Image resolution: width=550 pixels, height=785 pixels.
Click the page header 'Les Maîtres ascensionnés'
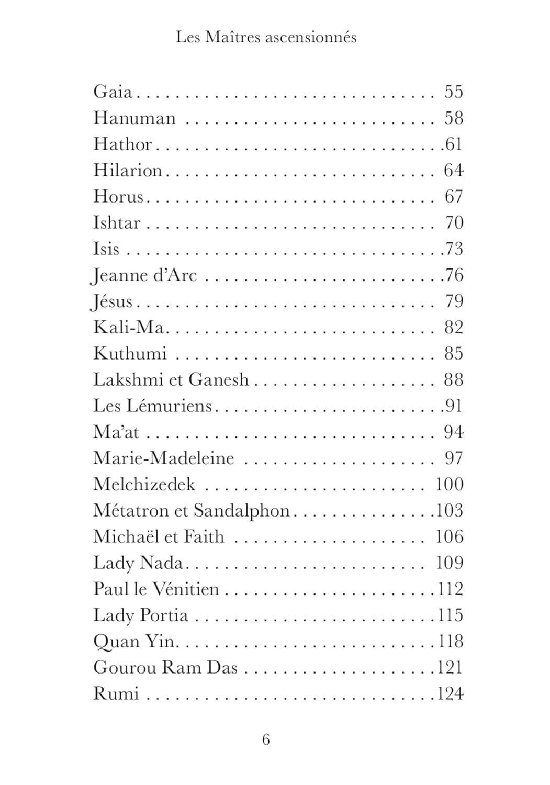(266, 38)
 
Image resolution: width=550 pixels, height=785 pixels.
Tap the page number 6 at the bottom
(266, 739)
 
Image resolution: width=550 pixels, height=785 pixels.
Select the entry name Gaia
(113, 92)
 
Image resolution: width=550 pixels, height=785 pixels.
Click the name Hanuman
(134, 118)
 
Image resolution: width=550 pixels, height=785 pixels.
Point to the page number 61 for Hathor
(454, 144)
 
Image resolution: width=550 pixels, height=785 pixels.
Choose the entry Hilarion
(128, 170)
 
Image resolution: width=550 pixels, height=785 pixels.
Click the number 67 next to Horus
(454, 197)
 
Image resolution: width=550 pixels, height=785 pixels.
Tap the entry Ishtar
(117, 223)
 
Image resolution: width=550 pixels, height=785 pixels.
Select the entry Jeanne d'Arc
(144, 275)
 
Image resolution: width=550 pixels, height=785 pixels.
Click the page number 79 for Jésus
(454, 301)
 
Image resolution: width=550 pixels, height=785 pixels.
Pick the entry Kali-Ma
(129, 328)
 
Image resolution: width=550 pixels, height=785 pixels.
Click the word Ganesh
(218, 379)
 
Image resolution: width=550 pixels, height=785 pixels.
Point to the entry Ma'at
(116, 432)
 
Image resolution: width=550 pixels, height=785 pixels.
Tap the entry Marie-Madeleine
(163, 458)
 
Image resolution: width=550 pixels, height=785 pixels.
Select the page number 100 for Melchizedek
(450, 484)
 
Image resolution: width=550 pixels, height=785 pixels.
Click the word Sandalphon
(242, 511)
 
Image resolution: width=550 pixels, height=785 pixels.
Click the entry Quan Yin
(133, 642)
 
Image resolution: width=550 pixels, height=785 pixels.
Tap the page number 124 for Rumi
(450, 694)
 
